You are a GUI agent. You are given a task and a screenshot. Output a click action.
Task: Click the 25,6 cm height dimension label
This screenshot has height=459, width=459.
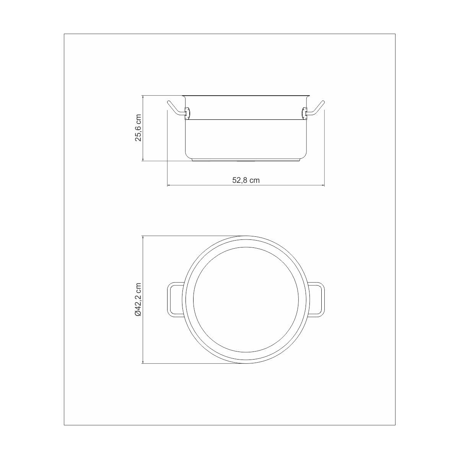point(138,128)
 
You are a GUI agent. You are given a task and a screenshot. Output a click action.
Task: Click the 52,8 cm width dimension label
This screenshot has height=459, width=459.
point(246,180)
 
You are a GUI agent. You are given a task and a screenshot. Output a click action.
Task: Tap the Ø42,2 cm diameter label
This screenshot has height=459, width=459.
point(138,299)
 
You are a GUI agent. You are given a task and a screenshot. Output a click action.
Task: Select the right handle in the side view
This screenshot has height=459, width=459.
point(316,109)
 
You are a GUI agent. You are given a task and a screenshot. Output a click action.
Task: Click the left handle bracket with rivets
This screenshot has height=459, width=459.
point(187,113)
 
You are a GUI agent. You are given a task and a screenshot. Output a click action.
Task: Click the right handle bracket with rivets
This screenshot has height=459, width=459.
point(304,113)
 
